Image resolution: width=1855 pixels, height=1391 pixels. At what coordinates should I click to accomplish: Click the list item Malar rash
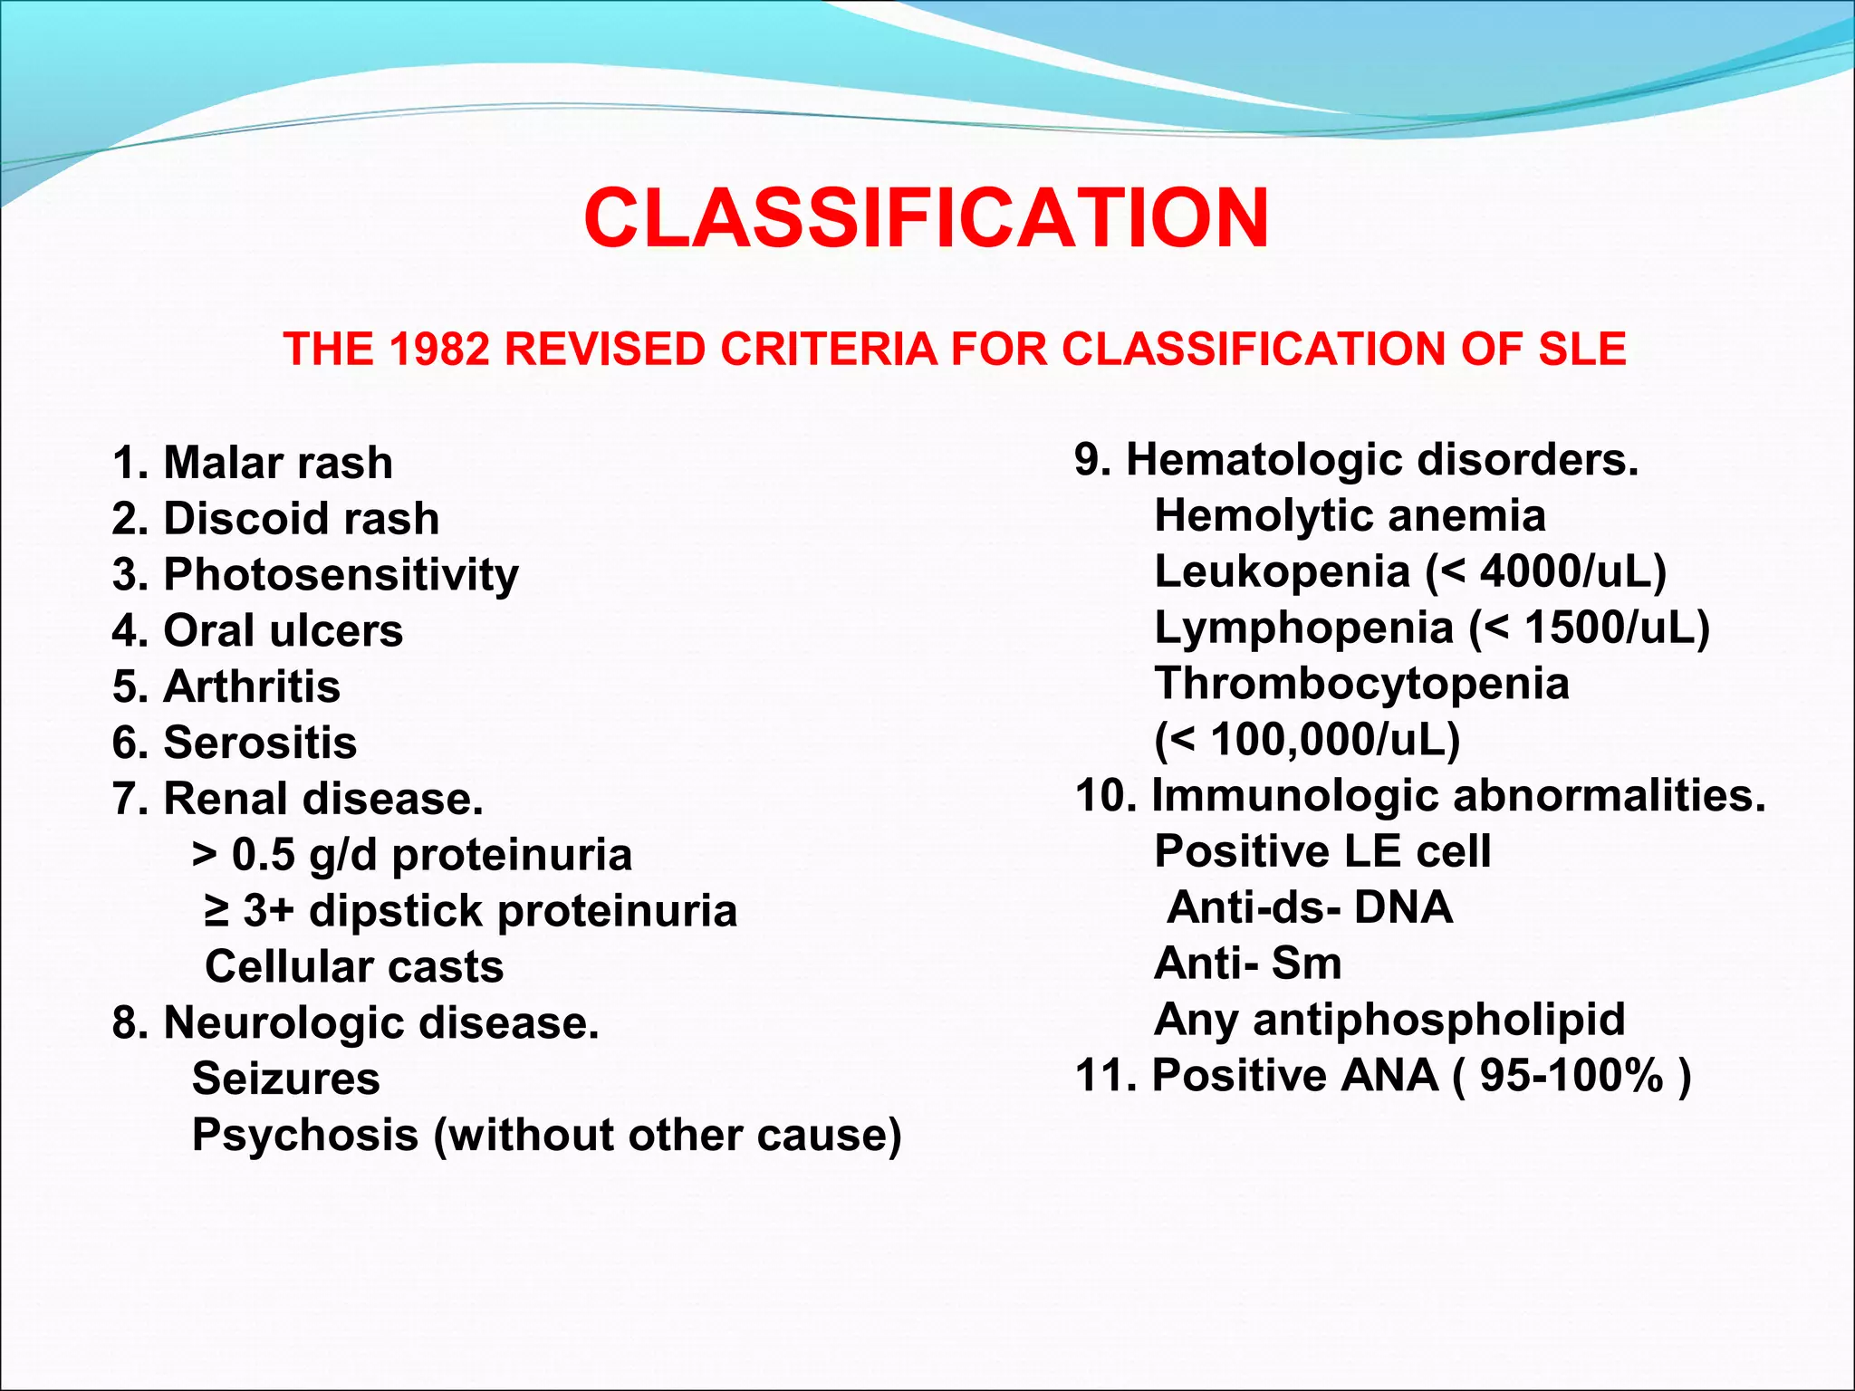[254, 463]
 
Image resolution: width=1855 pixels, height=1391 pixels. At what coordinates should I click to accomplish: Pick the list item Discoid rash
[276, 519]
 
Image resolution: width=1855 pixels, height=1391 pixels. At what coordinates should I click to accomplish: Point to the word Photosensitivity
[341, 576]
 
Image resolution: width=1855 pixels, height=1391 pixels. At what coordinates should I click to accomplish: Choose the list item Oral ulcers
[258, 631]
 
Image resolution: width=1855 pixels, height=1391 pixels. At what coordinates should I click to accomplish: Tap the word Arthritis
[252, 686]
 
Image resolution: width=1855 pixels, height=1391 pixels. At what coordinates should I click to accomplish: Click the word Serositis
[260, 743]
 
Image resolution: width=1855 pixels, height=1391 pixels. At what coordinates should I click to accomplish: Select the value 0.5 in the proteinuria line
[263, 855]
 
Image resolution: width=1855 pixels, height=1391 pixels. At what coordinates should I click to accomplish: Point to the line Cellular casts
[354, 966]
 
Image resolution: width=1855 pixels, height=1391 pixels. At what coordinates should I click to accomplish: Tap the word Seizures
[286, 1079]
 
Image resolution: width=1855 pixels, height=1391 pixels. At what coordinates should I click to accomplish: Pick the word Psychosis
[305, 1136]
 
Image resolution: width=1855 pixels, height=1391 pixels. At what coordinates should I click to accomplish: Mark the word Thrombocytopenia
[1361, 684]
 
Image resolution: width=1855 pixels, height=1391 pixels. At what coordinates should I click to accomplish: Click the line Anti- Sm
[1248, 964]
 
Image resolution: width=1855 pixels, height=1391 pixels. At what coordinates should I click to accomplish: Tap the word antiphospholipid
[1438, 1021]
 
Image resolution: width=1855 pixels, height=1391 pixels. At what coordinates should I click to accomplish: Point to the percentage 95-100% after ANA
[1571, 1076]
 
